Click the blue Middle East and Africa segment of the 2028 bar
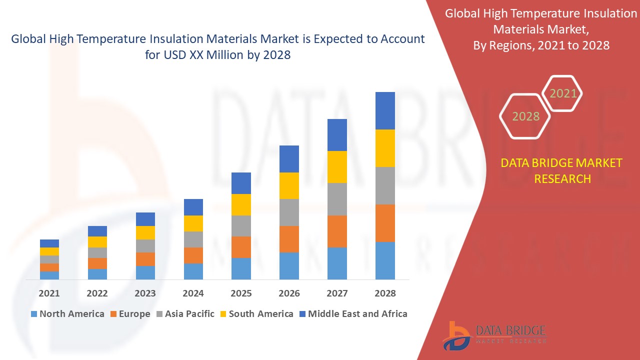(x=385, y=110)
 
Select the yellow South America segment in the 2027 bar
(x=337, y=167)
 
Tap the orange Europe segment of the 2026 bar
(x=289, y=239)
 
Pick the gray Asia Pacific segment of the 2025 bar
(x=241, y=226)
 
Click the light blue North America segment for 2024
(x=193, y=271)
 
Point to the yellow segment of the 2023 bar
(x=145, y=232)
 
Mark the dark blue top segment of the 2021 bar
(x=49, y=243)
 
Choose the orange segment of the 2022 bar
(x=97, y=263)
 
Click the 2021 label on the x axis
(x=49, y=293)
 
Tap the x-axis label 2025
(x=241, y=293)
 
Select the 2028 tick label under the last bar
(x=385, y=293)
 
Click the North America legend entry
(x=67, y=314)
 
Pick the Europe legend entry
(x=130, y=314)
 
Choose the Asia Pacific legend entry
(x=185, y=314)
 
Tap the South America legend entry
(x=256, y=314)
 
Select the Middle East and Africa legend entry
(x=353, y=314)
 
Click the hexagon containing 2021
(x=563, y=93)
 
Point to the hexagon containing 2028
(x=525, y=116)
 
